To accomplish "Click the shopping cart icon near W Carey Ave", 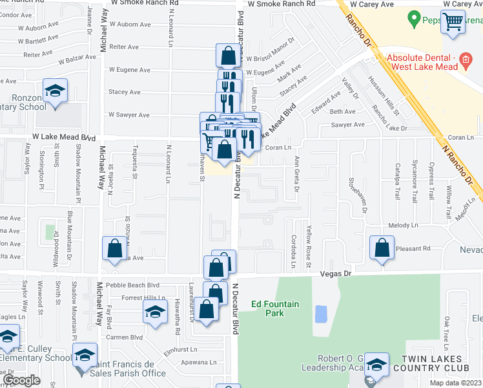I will click(x=453, y=22).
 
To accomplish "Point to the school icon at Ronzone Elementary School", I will click(x=56, y=91).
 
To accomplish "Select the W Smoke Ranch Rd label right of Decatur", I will click(x=281, y=4).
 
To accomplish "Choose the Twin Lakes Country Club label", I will click(x=437, y=363).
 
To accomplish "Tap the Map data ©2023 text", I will click(x=456, y=383).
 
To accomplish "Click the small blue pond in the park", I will click(x=320, y=314).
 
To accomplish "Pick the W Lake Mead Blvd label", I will click(x=64, y=138).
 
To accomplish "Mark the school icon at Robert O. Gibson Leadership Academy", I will click(x=376, y=364).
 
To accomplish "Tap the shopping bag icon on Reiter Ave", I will click(x=229, y=56).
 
